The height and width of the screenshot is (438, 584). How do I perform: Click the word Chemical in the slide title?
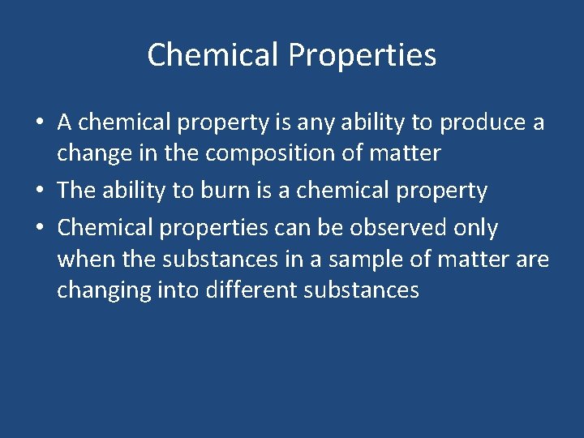[x=213, y=55]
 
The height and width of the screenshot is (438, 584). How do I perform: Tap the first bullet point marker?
[x=39, y=123]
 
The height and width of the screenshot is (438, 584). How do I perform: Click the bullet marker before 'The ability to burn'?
[x=39, y=191]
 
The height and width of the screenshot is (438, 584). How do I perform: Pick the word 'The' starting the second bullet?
[x=76, y=191]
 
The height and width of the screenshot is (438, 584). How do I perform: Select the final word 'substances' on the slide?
[x=361, y=290]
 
